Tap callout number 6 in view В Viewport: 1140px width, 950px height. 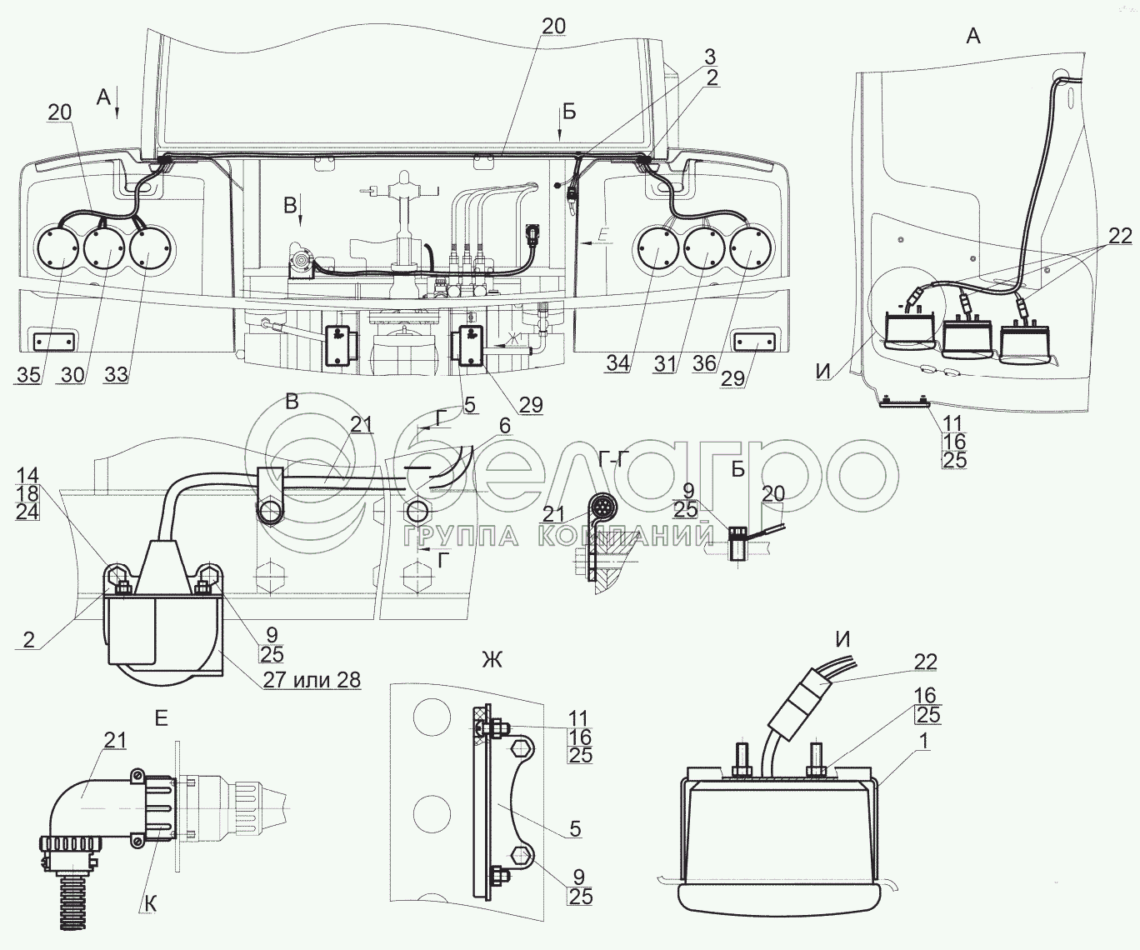point(504,425)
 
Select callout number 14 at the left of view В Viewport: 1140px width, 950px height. point(26,475)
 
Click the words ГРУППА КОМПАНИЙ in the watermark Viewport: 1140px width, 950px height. point(557,537)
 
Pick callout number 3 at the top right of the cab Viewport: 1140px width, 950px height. point(709,57)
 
